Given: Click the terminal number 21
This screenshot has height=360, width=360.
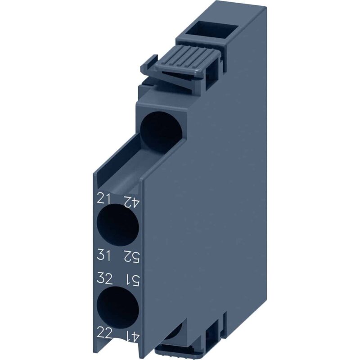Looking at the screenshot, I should click(x=104, y=198).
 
